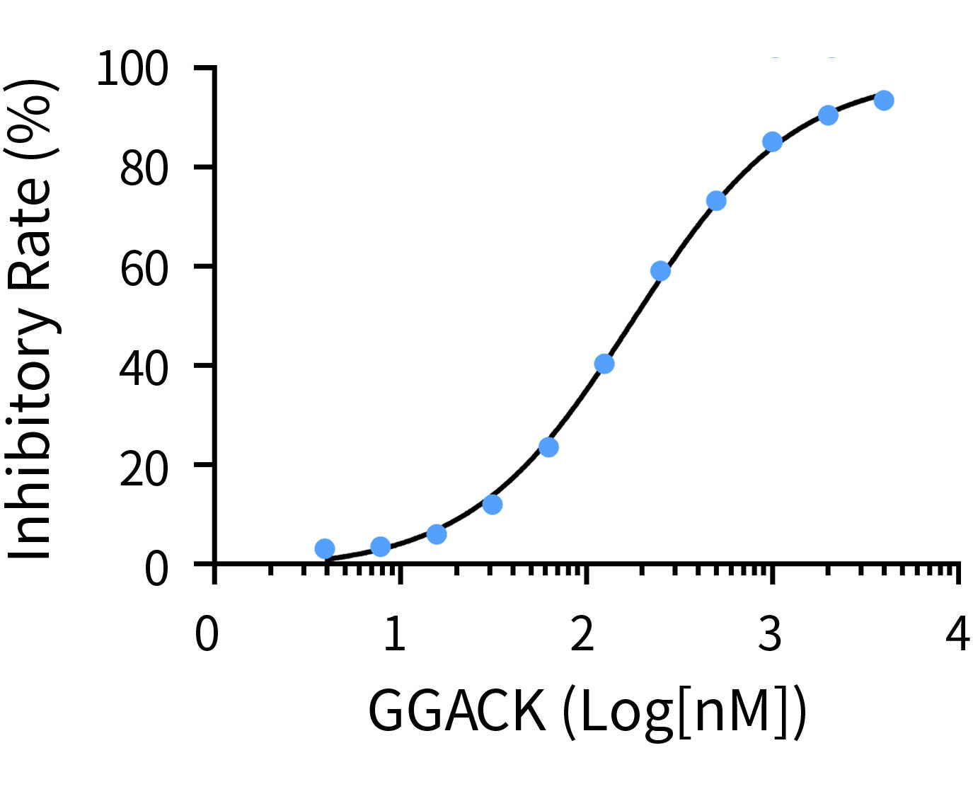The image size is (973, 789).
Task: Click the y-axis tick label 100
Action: pos(132,69)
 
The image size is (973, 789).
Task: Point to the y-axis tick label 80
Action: pos(144,170)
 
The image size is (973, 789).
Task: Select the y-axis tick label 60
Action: pos(144,269)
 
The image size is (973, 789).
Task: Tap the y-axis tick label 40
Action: pos(144,368)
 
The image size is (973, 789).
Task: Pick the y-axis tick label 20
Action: pos(144,468)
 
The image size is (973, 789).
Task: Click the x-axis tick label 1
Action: pos(395,634)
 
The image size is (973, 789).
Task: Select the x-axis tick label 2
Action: pos(582,634)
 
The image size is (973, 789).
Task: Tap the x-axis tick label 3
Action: pos(770,634)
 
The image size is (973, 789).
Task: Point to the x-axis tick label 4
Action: pos(957,634)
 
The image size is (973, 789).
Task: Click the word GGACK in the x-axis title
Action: pos(457,711)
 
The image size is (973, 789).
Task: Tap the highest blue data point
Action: pos(884,100)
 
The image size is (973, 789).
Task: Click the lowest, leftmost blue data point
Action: pos(325,548)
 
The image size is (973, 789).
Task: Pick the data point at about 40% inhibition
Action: pos(604,364)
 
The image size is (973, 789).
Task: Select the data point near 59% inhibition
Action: pos(660,271)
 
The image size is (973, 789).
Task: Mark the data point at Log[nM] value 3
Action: pos(772,142)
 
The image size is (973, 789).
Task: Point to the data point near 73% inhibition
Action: pos(716,201)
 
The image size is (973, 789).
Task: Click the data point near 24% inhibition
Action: pos(548,447)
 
